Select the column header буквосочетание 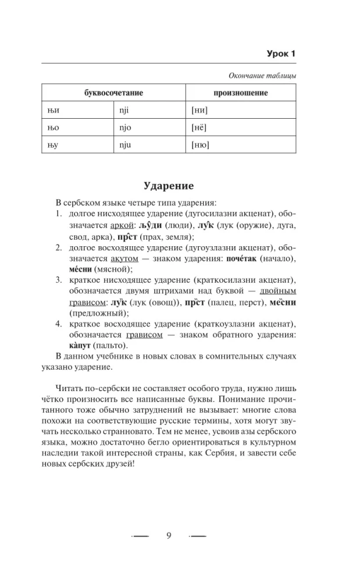click(114, 93)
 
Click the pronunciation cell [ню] click(201, 145)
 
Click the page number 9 click(169, 536)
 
